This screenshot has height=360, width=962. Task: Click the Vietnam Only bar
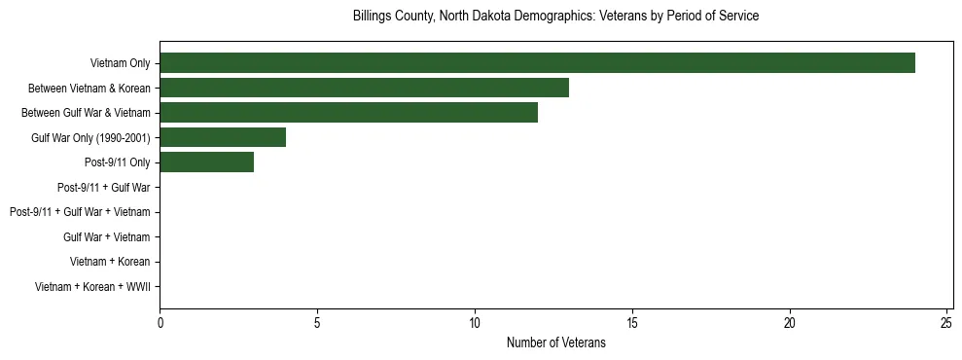click(537, 63)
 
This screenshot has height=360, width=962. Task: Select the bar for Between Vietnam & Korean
click(364, 88)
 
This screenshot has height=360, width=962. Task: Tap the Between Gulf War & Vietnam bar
click(348, 113)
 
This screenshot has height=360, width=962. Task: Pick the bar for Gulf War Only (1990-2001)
click(223, 137)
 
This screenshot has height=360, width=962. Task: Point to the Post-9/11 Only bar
click(206, 162)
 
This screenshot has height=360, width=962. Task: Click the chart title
click(555, 17)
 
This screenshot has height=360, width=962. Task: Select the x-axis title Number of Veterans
click(555, 342)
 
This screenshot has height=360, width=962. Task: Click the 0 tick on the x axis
click(160, 321)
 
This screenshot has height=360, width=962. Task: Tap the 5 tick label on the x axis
click(317, 321)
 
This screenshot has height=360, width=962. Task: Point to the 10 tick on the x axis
click(475, 321)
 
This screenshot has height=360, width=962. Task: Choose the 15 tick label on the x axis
click(632, 321)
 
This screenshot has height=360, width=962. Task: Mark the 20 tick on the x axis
click(790, 321)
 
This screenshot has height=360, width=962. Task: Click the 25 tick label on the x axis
click(947, 321)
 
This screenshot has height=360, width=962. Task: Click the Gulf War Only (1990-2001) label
click(90, 137)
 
